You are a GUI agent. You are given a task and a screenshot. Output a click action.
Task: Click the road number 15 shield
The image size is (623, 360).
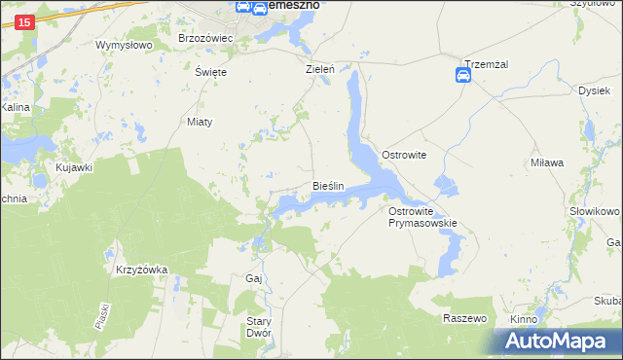(25, 22)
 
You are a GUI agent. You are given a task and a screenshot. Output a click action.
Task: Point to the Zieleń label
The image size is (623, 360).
(320, 70)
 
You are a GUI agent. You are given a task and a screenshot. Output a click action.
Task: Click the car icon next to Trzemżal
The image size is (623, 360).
(464, 77)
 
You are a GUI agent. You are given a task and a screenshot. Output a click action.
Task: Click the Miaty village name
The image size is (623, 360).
(199, 122)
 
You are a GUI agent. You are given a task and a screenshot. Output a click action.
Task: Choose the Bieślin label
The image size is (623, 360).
(328, 185)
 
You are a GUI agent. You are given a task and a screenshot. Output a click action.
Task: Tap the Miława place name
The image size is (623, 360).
(547, 162)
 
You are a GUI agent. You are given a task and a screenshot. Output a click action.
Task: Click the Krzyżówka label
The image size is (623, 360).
(142, 270)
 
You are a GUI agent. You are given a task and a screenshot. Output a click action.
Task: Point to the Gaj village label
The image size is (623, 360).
(254, 279)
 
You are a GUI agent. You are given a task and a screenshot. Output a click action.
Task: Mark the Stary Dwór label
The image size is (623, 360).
(258, 327)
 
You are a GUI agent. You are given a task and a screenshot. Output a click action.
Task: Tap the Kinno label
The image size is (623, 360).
(524, 319)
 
